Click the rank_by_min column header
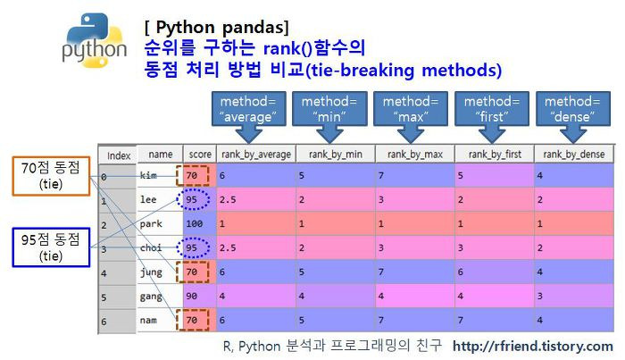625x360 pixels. (331, 155)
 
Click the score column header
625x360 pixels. (197, 155)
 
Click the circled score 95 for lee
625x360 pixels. (194, 199)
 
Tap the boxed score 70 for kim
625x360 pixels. (194, 176)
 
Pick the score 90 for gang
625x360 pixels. (194, 294)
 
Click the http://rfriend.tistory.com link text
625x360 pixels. (532, 346)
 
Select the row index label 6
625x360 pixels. (104, 320)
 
